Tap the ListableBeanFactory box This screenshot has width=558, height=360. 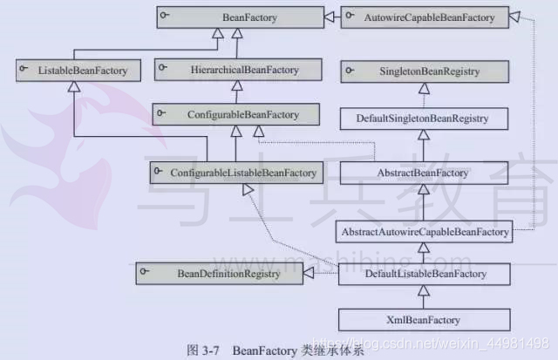pyautogui.click(x=75, y=68)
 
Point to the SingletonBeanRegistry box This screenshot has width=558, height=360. pyautogui.click(x=424, y=68)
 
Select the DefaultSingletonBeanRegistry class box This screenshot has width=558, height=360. pyautogui.click(x=424, y=116)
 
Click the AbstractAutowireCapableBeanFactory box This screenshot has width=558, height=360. pyautogui.click(x=424, y=233)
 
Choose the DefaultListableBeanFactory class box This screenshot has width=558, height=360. pyautogui.click(x=424, y=274)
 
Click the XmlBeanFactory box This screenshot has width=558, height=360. pyautogui.click(x=424, y=319)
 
